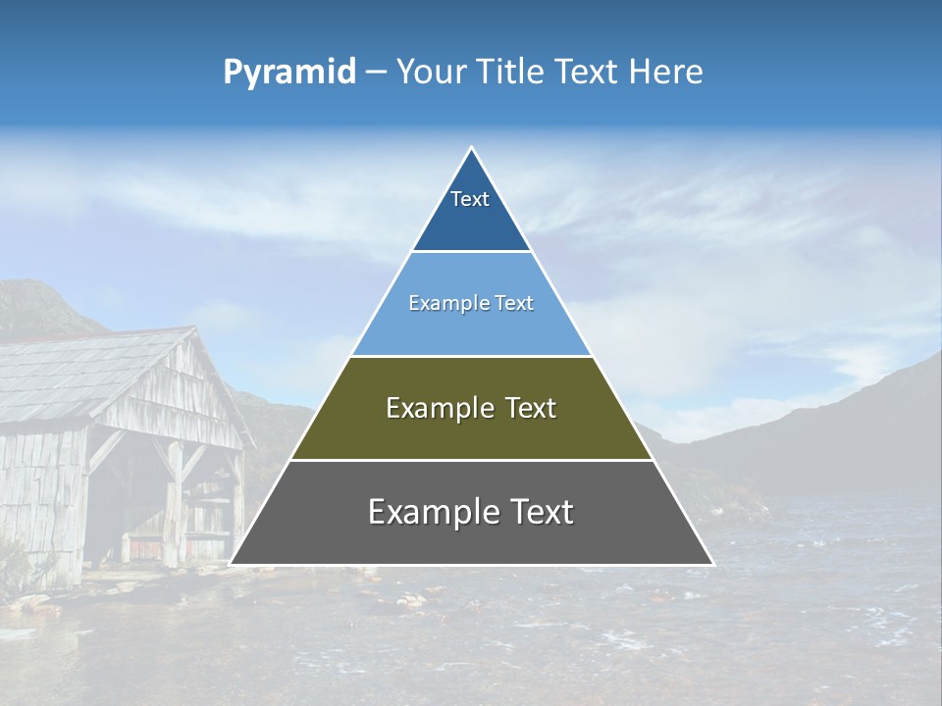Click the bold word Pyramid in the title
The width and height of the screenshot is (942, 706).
(x=289, y=73)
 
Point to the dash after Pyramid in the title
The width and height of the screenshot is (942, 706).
(x=376, y=73)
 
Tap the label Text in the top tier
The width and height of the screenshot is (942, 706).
(x=470, y=199)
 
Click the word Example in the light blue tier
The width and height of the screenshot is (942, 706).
(x=441, y=304)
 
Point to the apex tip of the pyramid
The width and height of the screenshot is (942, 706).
(x=471, y=148)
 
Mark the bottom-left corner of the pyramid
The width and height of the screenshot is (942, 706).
(x=231, y=564)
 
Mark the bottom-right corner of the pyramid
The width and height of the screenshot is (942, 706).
(x=712, y=564)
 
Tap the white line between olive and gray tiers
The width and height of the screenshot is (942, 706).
(x=471, y=460)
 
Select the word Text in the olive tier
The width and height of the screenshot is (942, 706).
(x=526, y=408)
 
